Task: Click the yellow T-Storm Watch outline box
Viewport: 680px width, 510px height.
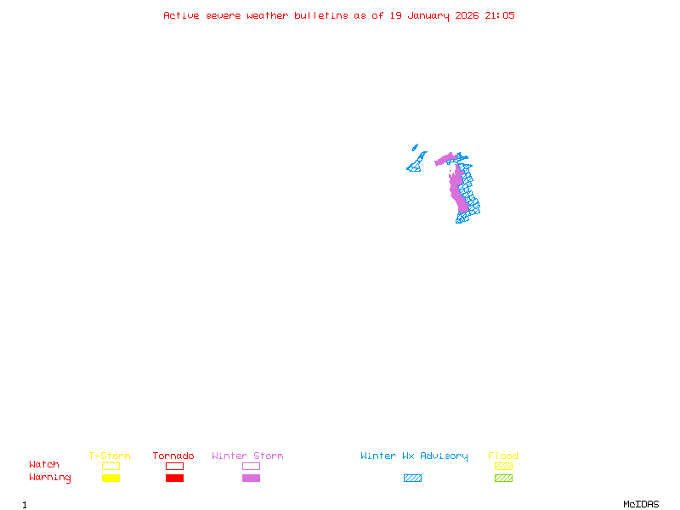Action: coord(110,466)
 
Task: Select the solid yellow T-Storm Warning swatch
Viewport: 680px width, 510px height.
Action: coord(110,479)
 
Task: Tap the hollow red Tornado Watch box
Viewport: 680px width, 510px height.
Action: coord(174,466)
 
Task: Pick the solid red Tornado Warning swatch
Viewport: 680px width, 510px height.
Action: coord(174,479)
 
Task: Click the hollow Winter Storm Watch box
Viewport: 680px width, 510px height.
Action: coord(251,466)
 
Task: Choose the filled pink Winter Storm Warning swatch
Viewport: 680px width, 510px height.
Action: coord(251,479)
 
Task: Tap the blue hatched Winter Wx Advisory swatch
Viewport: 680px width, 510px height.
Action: coord(412,479)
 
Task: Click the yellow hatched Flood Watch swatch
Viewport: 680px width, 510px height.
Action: coord(503,466)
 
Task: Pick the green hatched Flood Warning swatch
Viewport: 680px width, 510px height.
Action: coord(503,479)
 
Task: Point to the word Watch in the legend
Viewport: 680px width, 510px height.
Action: coord(44,465)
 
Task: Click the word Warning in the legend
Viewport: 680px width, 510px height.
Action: coord(50,478)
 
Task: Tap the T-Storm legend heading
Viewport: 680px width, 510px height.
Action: coord(110,456)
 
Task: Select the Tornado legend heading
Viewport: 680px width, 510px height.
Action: coord(173,456)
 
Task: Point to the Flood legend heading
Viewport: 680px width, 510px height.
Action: coord(503,456)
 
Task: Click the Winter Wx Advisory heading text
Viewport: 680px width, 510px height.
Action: coord(414,456)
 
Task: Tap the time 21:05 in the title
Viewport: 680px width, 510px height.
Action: coord(500,15)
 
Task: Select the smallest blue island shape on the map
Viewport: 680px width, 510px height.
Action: coord(415,147)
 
